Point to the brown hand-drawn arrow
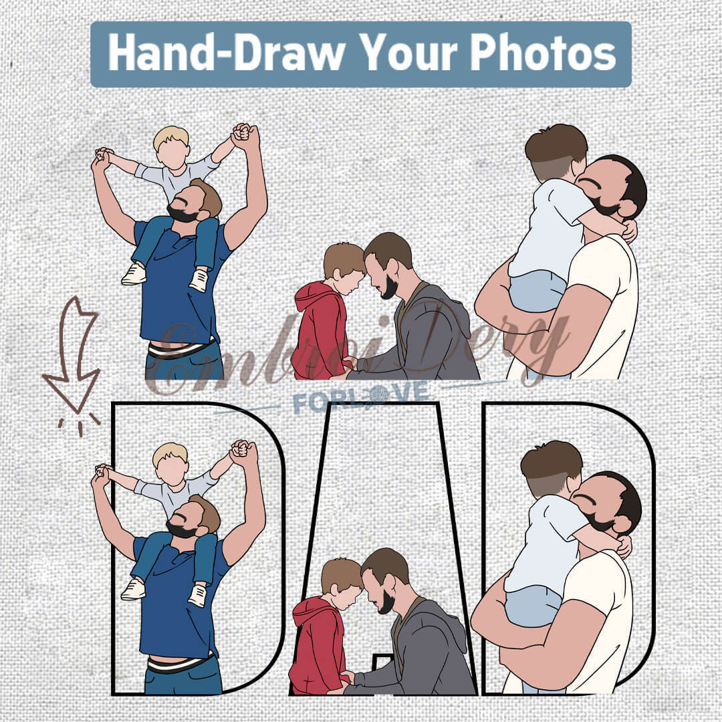click(x=74, y=354)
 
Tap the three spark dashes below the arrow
click(x=79, y=425)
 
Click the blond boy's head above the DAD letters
click(x=171, y=146)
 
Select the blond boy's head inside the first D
click(x=170, y=463)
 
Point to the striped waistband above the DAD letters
click(x=181, y=348)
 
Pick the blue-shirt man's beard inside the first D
click(x=180, y=529)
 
